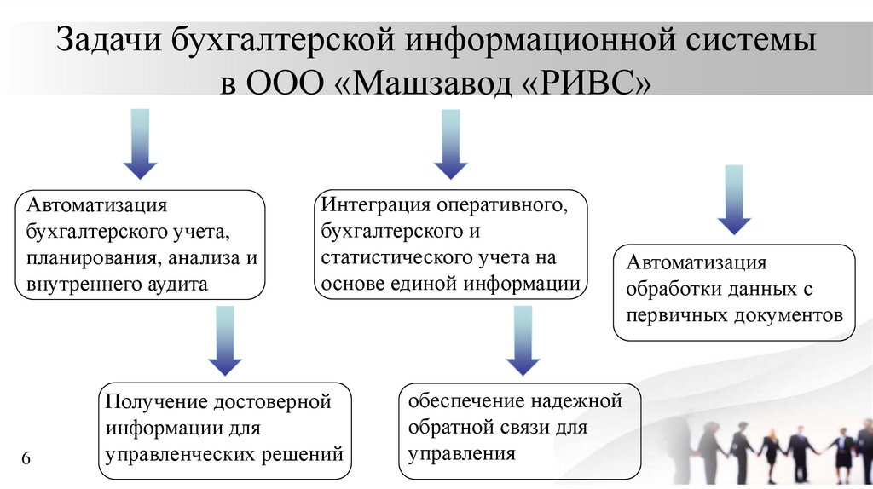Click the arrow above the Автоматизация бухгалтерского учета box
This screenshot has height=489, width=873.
140,143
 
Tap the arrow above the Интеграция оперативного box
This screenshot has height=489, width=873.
451,143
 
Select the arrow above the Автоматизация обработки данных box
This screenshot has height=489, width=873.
733,199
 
